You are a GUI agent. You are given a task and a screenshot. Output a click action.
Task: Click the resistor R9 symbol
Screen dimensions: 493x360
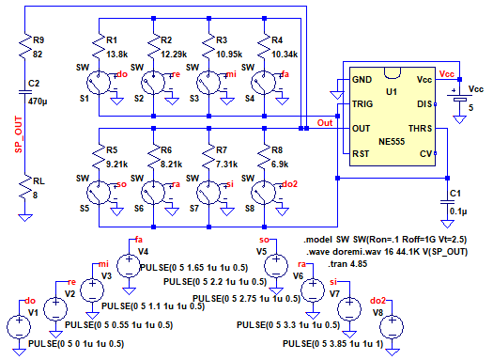pos(25,46)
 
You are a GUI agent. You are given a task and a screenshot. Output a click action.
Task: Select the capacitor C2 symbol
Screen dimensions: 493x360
pos(25,92)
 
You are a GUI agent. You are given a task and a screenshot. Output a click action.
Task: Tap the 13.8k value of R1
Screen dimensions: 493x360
pos(116,55)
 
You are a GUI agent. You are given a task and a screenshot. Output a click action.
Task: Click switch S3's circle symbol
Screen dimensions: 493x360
pos(208,83)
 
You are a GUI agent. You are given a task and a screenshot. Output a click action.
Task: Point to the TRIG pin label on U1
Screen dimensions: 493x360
pos(362,103)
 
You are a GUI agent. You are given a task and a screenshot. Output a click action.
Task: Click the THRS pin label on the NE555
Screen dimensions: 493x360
pos(420,129)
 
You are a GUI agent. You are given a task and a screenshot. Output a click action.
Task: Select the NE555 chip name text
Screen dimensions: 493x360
pos(392,142)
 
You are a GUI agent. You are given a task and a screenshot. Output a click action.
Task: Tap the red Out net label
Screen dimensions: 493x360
pos(325,123)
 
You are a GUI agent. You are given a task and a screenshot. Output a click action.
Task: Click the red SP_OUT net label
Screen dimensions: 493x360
pos(19,134)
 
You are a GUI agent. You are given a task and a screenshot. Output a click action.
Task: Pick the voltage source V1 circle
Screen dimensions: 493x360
pos(19,327)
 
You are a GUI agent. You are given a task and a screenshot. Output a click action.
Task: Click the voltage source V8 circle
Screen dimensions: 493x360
pos(392,327)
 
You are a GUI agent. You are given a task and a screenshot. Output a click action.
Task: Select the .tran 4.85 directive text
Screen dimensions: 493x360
pos(347,264)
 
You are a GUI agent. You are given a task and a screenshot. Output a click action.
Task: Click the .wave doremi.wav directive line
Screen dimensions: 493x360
pos(387,252)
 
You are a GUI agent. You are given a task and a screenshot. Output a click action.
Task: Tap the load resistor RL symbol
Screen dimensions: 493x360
pos(25,188)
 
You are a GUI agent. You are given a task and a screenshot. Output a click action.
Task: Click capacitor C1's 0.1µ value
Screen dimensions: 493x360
pos(458,211)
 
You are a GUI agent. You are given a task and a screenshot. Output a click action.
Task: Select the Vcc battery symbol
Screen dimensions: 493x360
pos(460,97)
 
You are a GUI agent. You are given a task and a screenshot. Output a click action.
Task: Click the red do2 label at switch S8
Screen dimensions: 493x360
pos(289,184)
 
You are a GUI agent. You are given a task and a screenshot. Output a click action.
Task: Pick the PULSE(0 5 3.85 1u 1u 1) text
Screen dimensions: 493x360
pos(333,344)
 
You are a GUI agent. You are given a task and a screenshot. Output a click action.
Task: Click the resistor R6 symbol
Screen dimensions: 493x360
pos(153,155)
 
